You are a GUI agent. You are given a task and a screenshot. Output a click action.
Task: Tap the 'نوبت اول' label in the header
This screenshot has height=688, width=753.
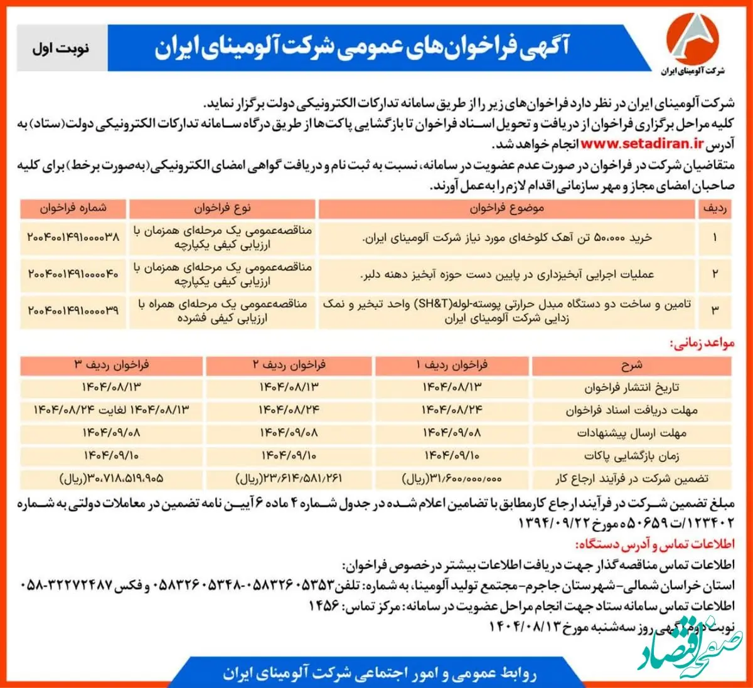pos(61,48)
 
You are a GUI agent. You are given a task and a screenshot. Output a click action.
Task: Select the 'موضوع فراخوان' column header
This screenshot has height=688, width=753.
pos(506,208)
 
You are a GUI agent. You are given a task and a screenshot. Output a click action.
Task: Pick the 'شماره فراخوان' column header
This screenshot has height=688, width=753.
pos(73,208)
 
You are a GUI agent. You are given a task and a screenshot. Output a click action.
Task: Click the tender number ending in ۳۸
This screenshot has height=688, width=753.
pos(73,237)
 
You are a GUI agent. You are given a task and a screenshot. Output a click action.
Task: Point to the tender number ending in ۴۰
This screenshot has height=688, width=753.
pos(73,273)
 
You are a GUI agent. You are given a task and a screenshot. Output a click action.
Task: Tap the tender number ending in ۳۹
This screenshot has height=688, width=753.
pos(73,310)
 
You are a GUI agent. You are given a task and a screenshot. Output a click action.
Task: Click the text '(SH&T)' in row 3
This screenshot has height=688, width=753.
pos(432,304)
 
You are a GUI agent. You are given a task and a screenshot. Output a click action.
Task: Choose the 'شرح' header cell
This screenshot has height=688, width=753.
pos(631,365)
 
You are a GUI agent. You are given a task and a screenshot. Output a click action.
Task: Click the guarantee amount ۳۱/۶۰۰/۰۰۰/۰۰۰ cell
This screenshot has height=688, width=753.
pos(452,479)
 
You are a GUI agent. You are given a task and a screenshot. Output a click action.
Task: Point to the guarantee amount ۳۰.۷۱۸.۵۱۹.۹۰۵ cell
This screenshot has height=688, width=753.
pos(112,479)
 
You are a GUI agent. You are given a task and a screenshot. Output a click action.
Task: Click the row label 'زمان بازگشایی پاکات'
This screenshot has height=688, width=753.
pos(631,456)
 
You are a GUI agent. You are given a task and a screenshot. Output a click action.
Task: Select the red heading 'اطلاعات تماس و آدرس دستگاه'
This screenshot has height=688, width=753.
pos(654,544)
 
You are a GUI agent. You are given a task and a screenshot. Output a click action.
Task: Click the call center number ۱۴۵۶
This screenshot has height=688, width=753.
pos(324,606)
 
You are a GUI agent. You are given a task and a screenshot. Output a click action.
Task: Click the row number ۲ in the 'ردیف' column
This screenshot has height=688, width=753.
pos(715,273)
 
